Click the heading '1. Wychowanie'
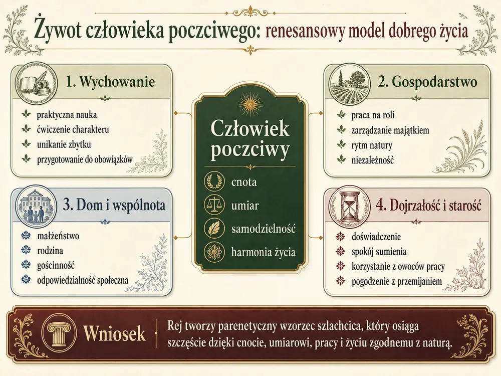[x=110, y=82]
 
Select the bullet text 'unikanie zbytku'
[x=64, y=144]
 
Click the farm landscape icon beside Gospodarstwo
[x=349, y=83]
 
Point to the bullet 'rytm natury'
[x=372, y=145]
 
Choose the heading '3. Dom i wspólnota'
[x=114, y=205]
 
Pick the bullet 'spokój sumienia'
[x=379, y=252]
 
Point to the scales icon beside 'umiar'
[x=214, y=205]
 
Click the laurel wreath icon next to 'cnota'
[x=214, y=181]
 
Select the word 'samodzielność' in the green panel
[x=264, y=229]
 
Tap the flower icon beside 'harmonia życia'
[x=214, y=252]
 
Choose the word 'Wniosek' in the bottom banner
[x=114, y=333]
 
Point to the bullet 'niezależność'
[x=373, y=160]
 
